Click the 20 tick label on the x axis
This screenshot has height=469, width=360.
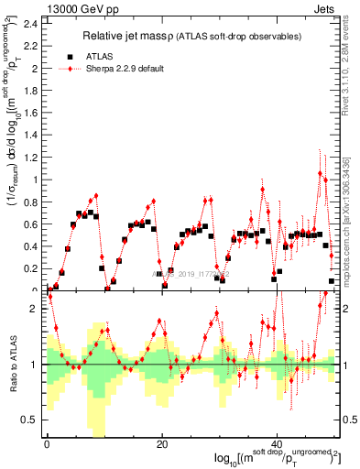pos(162,444)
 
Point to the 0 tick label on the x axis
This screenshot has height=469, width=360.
pos(47,444)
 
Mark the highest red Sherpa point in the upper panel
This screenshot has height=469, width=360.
pos(320,173)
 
